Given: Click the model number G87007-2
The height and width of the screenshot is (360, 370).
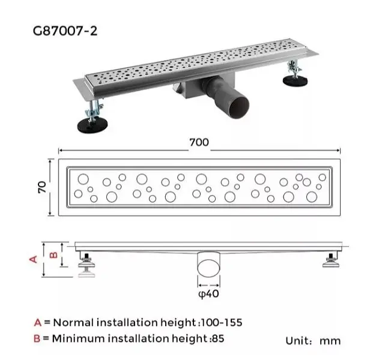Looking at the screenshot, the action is coord(65,31).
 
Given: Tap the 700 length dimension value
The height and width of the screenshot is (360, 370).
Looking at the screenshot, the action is coord(199,142).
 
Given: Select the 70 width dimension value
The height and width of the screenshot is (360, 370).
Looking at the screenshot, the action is coord(42,187).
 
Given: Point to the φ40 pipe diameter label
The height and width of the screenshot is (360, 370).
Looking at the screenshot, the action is coord(208,294).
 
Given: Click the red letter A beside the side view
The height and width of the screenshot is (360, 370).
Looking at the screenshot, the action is coord(34,259).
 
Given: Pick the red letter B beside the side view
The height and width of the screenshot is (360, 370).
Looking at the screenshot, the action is coord(54,254).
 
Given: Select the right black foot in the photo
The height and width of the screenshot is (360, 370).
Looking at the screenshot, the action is coord(295,81).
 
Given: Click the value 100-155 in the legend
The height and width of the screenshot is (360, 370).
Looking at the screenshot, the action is coord(221,323).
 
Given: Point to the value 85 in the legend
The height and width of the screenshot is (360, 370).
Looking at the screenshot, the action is coord(218,338).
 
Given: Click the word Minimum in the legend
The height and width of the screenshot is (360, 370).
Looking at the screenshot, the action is coord(79,338).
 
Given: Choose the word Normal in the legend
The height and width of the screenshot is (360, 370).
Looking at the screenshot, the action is coord(74,323).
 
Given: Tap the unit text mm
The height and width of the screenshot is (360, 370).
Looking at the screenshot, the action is coord(330,341).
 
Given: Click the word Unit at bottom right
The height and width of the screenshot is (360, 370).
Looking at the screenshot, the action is coord(297,341).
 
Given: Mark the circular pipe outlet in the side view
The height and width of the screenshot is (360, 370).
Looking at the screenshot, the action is coord(209,268).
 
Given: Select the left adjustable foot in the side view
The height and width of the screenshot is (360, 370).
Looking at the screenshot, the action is coord(87,265).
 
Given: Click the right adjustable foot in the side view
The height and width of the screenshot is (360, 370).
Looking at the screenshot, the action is coord(331,260).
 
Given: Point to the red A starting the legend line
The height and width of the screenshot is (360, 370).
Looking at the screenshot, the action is coord(38,323).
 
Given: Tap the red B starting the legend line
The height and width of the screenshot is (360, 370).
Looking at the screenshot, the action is coord(37,338).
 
